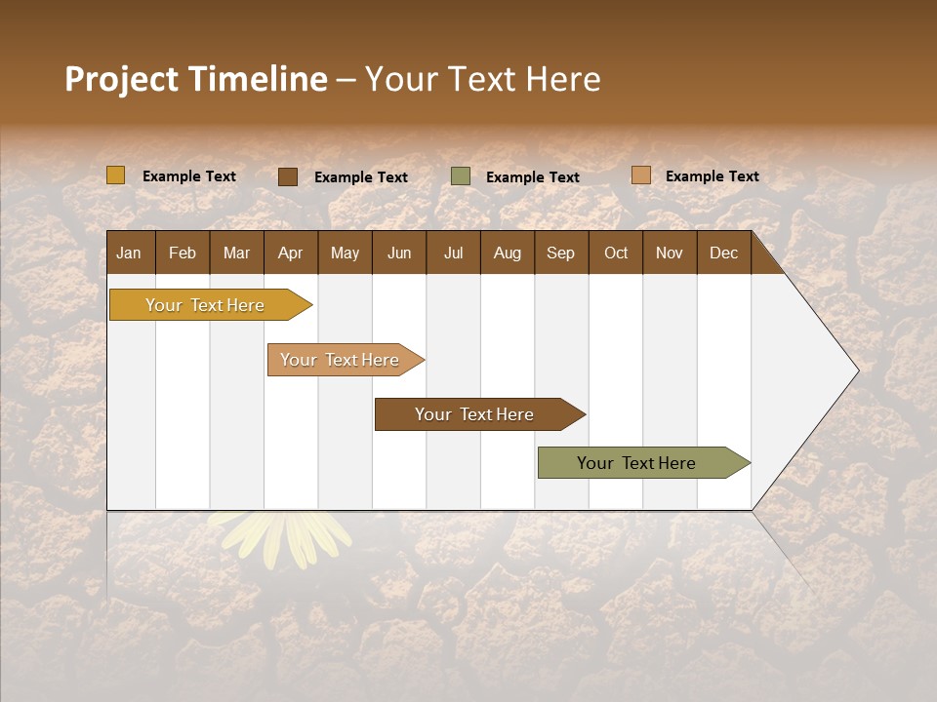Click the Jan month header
coord(129,253)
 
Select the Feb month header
coord(183,253)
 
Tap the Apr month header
coord(290,253)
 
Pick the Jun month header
coord(399,253)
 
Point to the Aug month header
coord(507,253)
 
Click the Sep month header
coord(560,253)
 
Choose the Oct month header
coord(616,253)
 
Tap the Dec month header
coord(723,253)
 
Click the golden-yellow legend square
coord(116,175)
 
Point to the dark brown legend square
coord(288,176)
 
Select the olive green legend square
coord(461,176)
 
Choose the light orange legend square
coord(640,175)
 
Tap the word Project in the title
coord(121,79)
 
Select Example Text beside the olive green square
coord(532,177)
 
